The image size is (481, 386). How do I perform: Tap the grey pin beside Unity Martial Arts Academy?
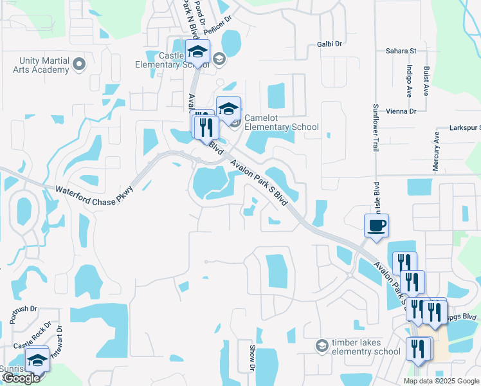click(79, 64)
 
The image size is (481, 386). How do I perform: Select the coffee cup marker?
click(377, 226)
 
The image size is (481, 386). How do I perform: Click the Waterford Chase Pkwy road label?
click(94, 196)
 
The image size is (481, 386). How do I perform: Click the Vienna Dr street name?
click(401, 111)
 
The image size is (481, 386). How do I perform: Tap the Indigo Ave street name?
click(409, 80)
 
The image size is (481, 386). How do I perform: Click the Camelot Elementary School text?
click(282, 127)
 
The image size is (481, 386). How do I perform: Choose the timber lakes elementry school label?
click(365, 347)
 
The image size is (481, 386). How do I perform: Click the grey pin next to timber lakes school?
click(322, 346)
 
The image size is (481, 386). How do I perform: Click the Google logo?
click(21, 378)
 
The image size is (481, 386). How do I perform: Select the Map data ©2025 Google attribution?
click(441, 381)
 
